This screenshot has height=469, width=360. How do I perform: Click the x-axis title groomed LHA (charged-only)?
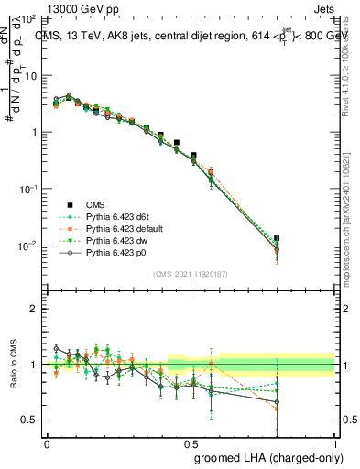(265, 456)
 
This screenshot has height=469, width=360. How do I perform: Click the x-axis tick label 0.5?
(191, 443)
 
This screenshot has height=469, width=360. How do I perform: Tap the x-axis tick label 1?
(335, 443)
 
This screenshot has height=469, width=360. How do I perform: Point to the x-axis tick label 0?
(47, 443)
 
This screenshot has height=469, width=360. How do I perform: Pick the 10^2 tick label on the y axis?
(28, 19)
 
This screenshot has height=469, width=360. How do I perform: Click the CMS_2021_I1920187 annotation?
(191, 273)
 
